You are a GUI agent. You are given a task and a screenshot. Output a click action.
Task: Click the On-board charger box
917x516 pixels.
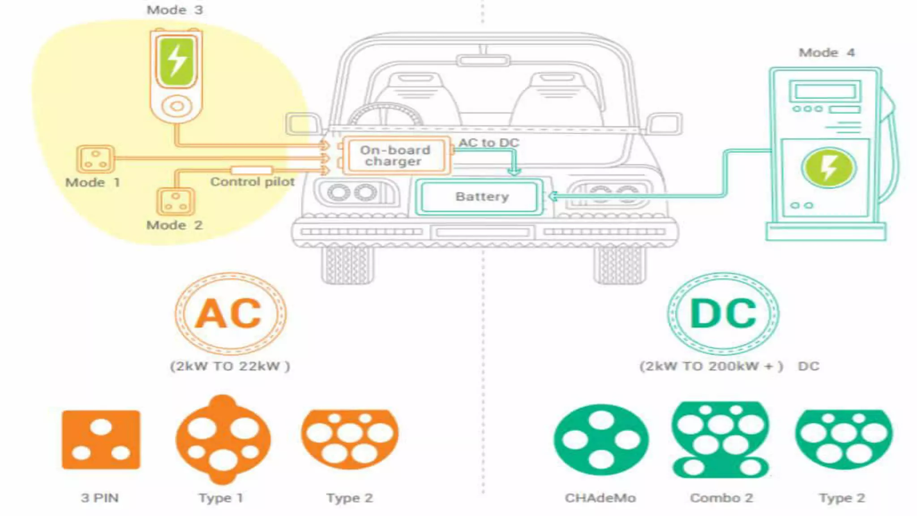point(395,155)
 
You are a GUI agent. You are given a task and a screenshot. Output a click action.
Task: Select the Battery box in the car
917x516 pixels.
point(480,197)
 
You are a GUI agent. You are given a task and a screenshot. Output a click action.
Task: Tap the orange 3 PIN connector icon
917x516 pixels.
point(101,439)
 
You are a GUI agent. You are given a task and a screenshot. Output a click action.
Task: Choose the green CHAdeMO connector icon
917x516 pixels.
point(601,439)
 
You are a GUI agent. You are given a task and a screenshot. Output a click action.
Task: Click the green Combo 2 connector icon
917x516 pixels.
point(720,439)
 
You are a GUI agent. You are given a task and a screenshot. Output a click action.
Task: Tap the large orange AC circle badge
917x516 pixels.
point(230,314)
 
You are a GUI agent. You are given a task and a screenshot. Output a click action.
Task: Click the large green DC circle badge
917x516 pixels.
point(723,314)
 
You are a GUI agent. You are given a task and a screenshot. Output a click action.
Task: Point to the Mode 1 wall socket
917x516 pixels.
point(95,159)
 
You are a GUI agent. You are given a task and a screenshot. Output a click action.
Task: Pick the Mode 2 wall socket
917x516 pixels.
point(176,202)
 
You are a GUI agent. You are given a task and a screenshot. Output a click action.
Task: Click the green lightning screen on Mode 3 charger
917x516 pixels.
point(176,61)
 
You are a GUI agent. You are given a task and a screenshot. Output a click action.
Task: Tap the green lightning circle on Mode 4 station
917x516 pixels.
point(828,168)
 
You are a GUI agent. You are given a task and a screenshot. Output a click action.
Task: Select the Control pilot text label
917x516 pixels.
point(253,182)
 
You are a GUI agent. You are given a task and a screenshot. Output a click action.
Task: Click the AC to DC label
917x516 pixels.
point(488,142)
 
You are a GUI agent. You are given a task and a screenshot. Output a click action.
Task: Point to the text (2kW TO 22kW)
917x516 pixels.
point(230,366)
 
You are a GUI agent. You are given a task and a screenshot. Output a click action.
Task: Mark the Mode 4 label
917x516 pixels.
point(827,53)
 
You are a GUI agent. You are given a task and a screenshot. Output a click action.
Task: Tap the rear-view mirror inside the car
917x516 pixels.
point(483,60)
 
